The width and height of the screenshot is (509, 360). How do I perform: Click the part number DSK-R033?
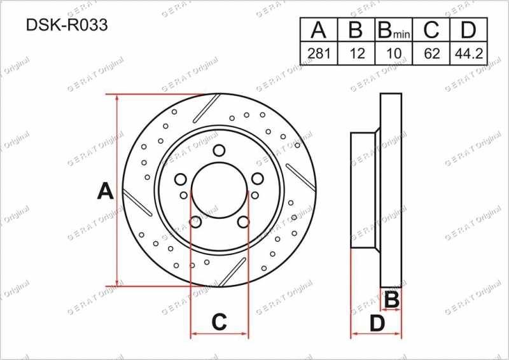pos(67,25)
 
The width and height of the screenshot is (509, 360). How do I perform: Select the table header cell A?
pos(319,29)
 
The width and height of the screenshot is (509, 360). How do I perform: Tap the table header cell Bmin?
pos(394,29)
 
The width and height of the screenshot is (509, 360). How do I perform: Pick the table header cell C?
pos(431,29)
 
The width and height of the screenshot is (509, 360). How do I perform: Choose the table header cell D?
pos(468,29)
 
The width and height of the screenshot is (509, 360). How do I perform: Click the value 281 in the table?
pos(319,53)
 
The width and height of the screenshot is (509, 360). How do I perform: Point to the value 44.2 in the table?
pos(469,53)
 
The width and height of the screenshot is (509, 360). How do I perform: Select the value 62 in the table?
pos(431,53)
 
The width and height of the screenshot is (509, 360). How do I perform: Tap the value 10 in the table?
pos(394,53)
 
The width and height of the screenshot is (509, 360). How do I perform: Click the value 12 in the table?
pos(357,53)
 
